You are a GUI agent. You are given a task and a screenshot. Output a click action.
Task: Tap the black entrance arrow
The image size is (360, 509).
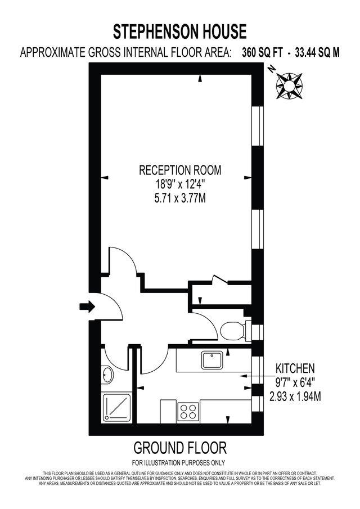87,306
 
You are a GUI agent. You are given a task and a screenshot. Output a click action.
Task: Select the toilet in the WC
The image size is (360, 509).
232,330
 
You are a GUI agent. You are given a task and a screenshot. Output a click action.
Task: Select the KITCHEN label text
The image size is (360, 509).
294,369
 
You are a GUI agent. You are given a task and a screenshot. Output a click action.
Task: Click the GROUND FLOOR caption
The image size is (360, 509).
180,448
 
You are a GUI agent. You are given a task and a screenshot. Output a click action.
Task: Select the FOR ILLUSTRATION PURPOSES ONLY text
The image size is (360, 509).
180,462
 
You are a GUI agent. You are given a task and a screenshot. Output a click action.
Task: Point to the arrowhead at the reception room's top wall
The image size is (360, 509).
200,80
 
